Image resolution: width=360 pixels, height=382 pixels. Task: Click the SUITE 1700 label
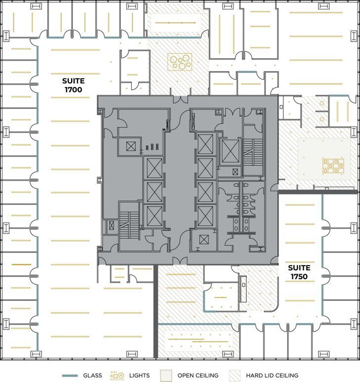coord(73,85)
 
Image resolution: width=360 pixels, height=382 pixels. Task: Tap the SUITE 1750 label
coord(299,272)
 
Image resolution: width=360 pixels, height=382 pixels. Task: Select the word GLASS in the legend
coord(92,376)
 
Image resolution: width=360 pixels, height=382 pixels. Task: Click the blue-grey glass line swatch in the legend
coord(70,376)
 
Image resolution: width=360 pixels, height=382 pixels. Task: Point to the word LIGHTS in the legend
coord(139,376)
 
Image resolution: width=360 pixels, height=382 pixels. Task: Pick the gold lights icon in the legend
coord(117,376)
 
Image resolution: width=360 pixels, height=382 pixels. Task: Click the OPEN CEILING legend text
coord(198,376)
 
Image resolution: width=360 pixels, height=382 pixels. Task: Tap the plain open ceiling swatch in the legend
coord(166,376)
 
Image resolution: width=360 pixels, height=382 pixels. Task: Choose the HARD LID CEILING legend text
coord(272,376)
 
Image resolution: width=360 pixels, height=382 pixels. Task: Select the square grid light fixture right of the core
coord(333,166)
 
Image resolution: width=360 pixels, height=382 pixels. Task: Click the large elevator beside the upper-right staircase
coord(230,151)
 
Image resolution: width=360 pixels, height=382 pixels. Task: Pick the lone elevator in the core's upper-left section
coord(131,146)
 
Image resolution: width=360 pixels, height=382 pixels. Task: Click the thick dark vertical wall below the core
coord(155,309)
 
